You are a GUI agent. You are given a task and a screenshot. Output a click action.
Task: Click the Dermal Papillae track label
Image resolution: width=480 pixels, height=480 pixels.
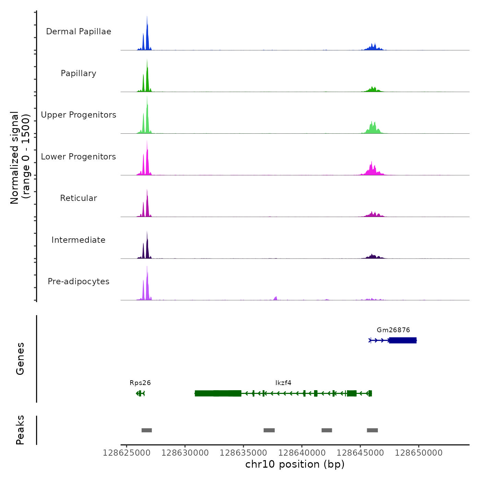[79, 32]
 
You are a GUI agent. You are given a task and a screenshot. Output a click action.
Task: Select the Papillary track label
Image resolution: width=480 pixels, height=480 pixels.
[79, 73]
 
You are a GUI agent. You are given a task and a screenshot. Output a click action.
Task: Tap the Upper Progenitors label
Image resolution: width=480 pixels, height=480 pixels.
[79, 115]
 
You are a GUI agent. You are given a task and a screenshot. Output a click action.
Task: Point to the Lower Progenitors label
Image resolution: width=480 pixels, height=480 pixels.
[79, 157]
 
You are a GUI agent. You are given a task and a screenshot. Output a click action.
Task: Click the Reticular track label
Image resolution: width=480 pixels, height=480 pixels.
[79, 198]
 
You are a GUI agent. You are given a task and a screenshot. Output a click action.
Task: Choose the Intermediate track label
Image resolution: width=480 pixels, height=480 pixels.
[79, 240]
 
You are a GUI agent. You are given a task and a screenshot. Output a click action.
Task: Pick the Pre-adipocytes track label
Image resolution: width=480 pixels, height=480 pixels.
[79, 281]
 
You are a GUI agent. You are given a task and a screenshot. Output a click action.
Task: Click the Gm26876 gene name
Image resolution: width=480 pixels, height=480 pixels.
[393, 330]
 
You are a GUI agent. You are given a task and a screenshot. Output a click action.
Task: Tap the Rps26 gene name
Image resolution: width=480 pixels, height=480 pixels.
[140, 383]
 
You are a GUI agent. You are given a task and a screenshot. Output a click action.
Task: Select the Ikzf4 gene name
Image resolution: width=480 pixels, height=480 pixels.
[283, 383]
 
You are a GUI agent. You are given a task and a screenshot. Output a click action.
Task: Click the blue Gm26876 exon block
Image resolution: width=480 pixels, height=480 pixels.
[403, 340]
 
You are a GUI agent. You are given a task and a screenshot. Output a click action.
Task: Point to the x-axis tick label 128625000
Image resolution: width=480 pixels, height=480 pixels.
[127, 453]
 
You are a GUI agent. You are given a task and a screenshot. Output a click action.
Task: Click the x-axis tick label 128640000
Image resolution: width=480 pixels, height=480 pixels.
[302, 453]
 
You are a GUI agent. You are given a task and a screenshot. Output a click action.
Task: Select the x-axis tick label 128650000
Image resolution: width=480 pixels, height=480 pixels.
[419, 453]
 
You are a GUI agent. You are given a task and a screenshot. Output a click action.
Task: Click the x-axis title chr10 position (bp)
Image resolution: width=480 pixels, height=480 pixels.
[295, 464]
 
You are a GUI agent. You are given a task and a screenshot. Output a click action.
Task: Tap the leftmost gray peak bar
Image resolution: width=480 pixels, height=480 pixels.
[147, 430]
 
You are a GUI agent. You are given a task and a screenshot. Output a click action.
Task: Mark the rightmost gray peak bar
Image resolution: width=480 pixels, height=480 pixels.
[372, 430]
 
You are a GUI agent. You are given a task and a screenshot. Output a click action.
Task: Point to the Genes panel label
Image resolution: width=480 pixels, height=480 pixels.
[20, 359]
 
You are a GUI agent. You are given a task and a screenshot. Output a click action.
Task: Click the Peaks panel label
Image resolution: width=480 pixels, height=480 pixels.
[20, 430]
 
